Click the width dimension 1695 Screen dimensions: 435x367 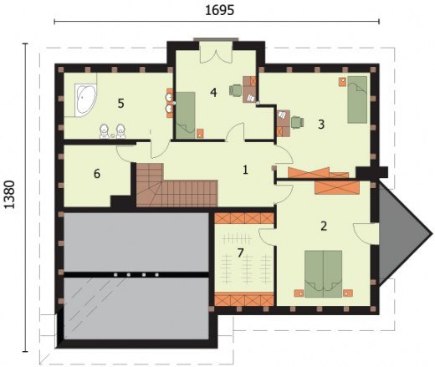(219, 11)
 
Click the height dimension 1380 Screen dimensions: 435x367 (9, 195)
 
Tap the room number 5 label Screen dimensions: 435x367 (120, 104)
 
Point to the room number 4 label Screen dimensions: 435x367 (213, 93)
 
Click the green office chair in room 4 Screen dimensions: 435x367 (236, 90)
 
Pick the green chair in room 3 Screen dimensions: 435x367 (298, 123)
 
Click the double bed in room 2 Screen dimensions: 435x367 (324, 273)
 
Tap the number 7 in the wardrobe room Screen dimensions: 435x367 (240, 252)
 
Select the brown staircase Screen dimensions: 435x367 (177, 186)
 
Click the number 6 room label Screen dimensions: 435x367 (97, 174)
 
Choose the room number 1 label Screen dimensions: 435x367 (245, 170)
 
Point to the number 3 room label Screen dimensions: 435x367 (321, 125)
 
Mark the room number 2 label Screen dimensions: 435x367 (324, 226)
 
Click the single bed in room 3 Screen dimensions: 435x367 (357, 99)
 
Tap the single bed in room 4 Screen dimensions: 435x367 (186, 115)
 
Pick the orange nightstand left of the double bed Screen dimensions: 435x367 (299, 293)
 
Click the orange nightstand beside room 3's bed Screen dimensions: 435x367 (343, 82)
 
